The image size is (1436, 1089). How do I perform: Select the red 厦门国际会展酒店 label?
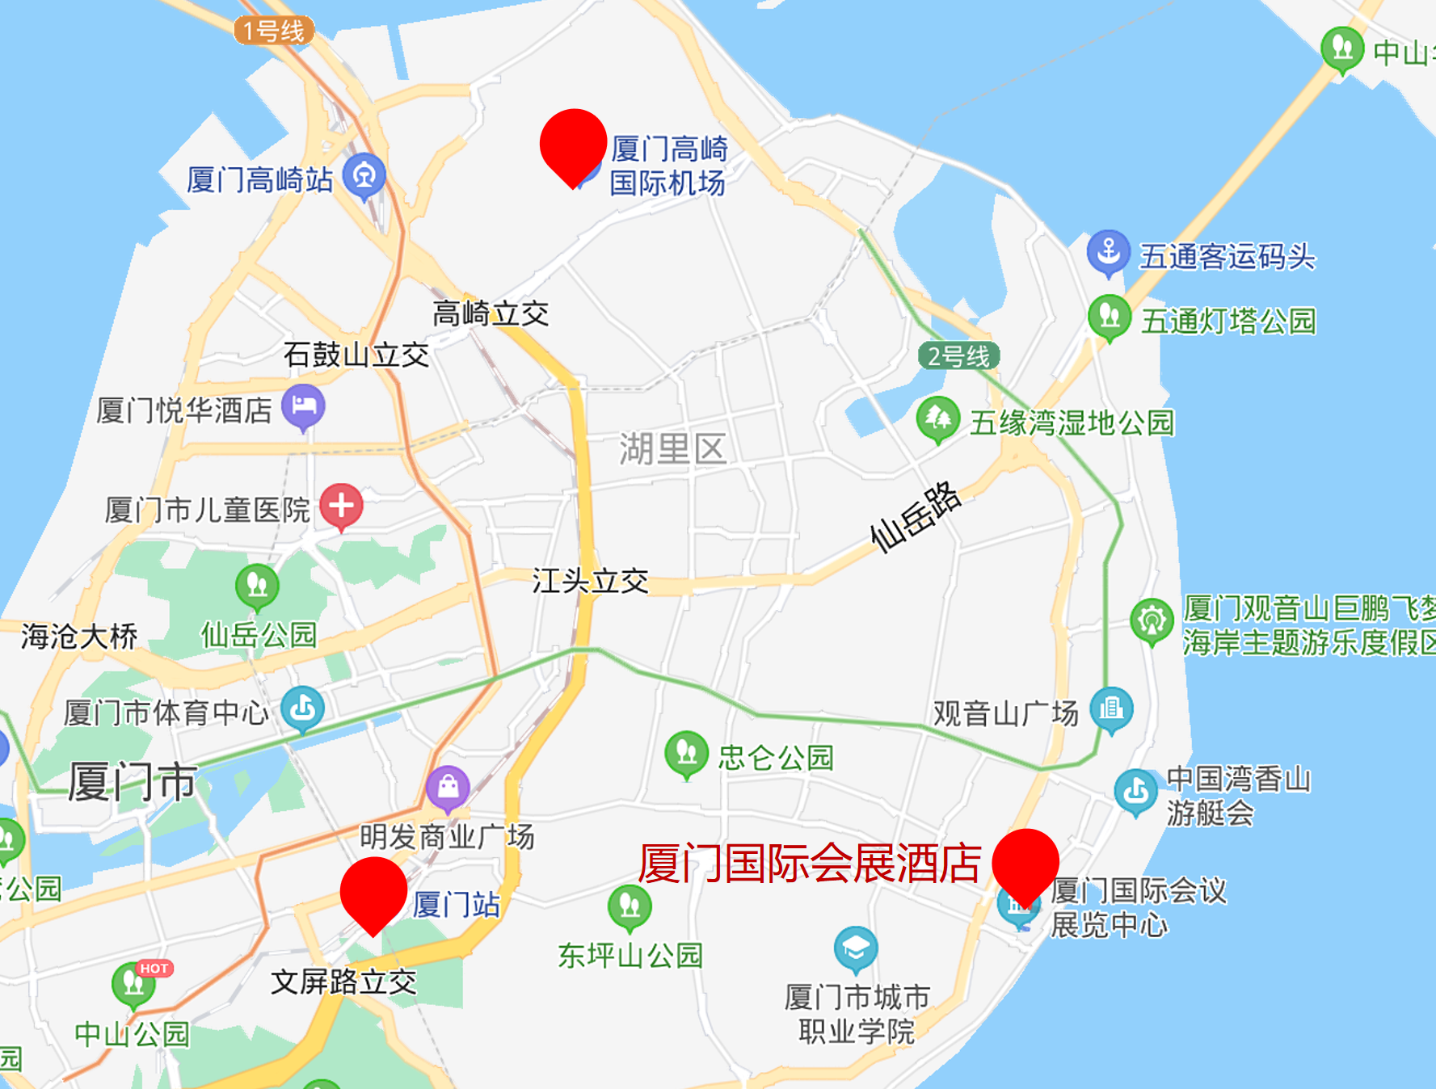click(x=810, y=863)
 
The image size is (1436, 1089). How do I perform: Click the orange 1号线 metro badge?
click(x=274, y=31)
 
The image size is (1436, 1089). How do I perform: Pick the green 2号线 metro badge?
click(x=958, y=355)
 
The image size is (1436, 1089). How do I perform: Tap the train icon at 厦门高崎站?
click(x=364, y=175)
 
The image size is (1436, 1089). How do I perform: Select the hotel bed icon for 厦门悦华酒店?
click(x=303, y=406)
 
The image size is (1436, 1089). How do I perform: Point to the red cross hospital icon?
click(x=341, y=507)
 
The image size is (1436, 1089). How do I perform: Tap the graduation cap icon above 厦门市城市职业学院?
click(x=855, y=948)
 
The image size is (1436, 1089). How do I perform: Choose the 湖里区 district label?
click(x=672, y=449)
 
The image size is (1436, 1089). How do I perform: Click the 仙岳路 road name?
click(x=915, y=517)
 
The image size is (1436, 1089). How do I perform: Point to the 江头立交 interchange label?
click(x=590, y=581)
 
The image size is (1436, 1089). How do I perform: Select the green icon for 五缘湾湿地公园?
click(x=937, y=418)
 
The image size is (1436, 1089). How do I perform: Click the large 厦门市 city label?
click(x=132, y=782)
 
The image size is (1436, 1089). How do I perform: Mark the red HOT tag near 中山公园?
click(x=154, y=968)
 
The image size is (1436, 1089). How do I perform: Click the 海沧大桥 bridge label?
click(x=79, y=637)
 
